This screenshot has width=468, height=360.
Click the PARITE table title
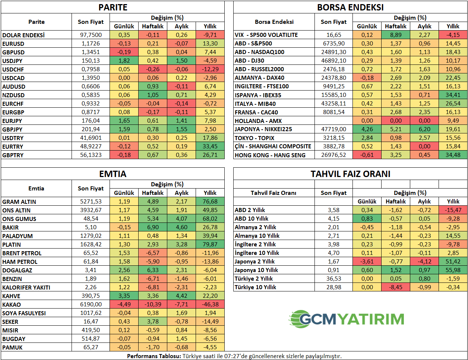(x=113, y=7)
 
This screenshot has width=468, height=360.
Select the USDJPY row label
(x=13, y=61)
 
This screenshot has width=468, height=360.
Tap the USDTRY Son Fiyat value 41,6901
(x=91, y=138)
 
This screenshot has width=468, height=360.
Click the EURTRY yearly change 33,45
(x=210, y=146)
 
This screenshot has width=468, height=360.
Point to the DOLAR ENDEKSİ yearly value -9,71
(x=210, y=35)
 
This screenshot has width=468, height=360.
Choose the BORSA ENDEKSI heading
(x=350, y=7)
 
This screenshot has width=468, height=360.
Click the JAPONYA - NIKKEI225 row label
(x=263, y=129)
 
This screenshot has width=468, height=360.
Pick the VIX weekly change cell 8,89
(x=396, y=35)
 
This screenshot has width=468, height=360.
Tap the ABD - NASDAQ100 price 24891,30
(x=333, y=52)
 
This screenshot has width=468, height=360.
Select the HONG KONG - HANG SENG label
(x=270, y=155)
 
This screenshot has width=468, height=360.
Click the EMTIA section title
(x=113, y=174)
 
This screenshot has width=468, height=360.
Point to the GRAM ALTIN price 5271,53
(x=91, y=202)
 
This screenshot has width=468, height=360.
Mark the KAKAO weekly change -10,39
(x=153, y=304)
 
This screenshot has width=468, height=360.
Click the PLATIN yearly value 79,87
(x=210, y=244)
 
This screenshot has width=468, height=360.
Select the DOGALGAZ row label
(x=17, y=270)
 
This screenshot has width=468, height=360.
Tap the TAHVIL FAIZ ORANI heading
(x=350, y=174)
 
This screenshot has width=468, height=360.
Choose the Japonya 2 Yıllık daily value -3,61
(x=367, y=262)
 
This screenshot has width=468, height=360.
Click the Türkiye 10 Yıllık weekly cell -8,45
(x=396, y=287)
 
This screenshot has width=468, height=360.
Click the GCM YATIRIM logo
(x=347, y=319)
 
